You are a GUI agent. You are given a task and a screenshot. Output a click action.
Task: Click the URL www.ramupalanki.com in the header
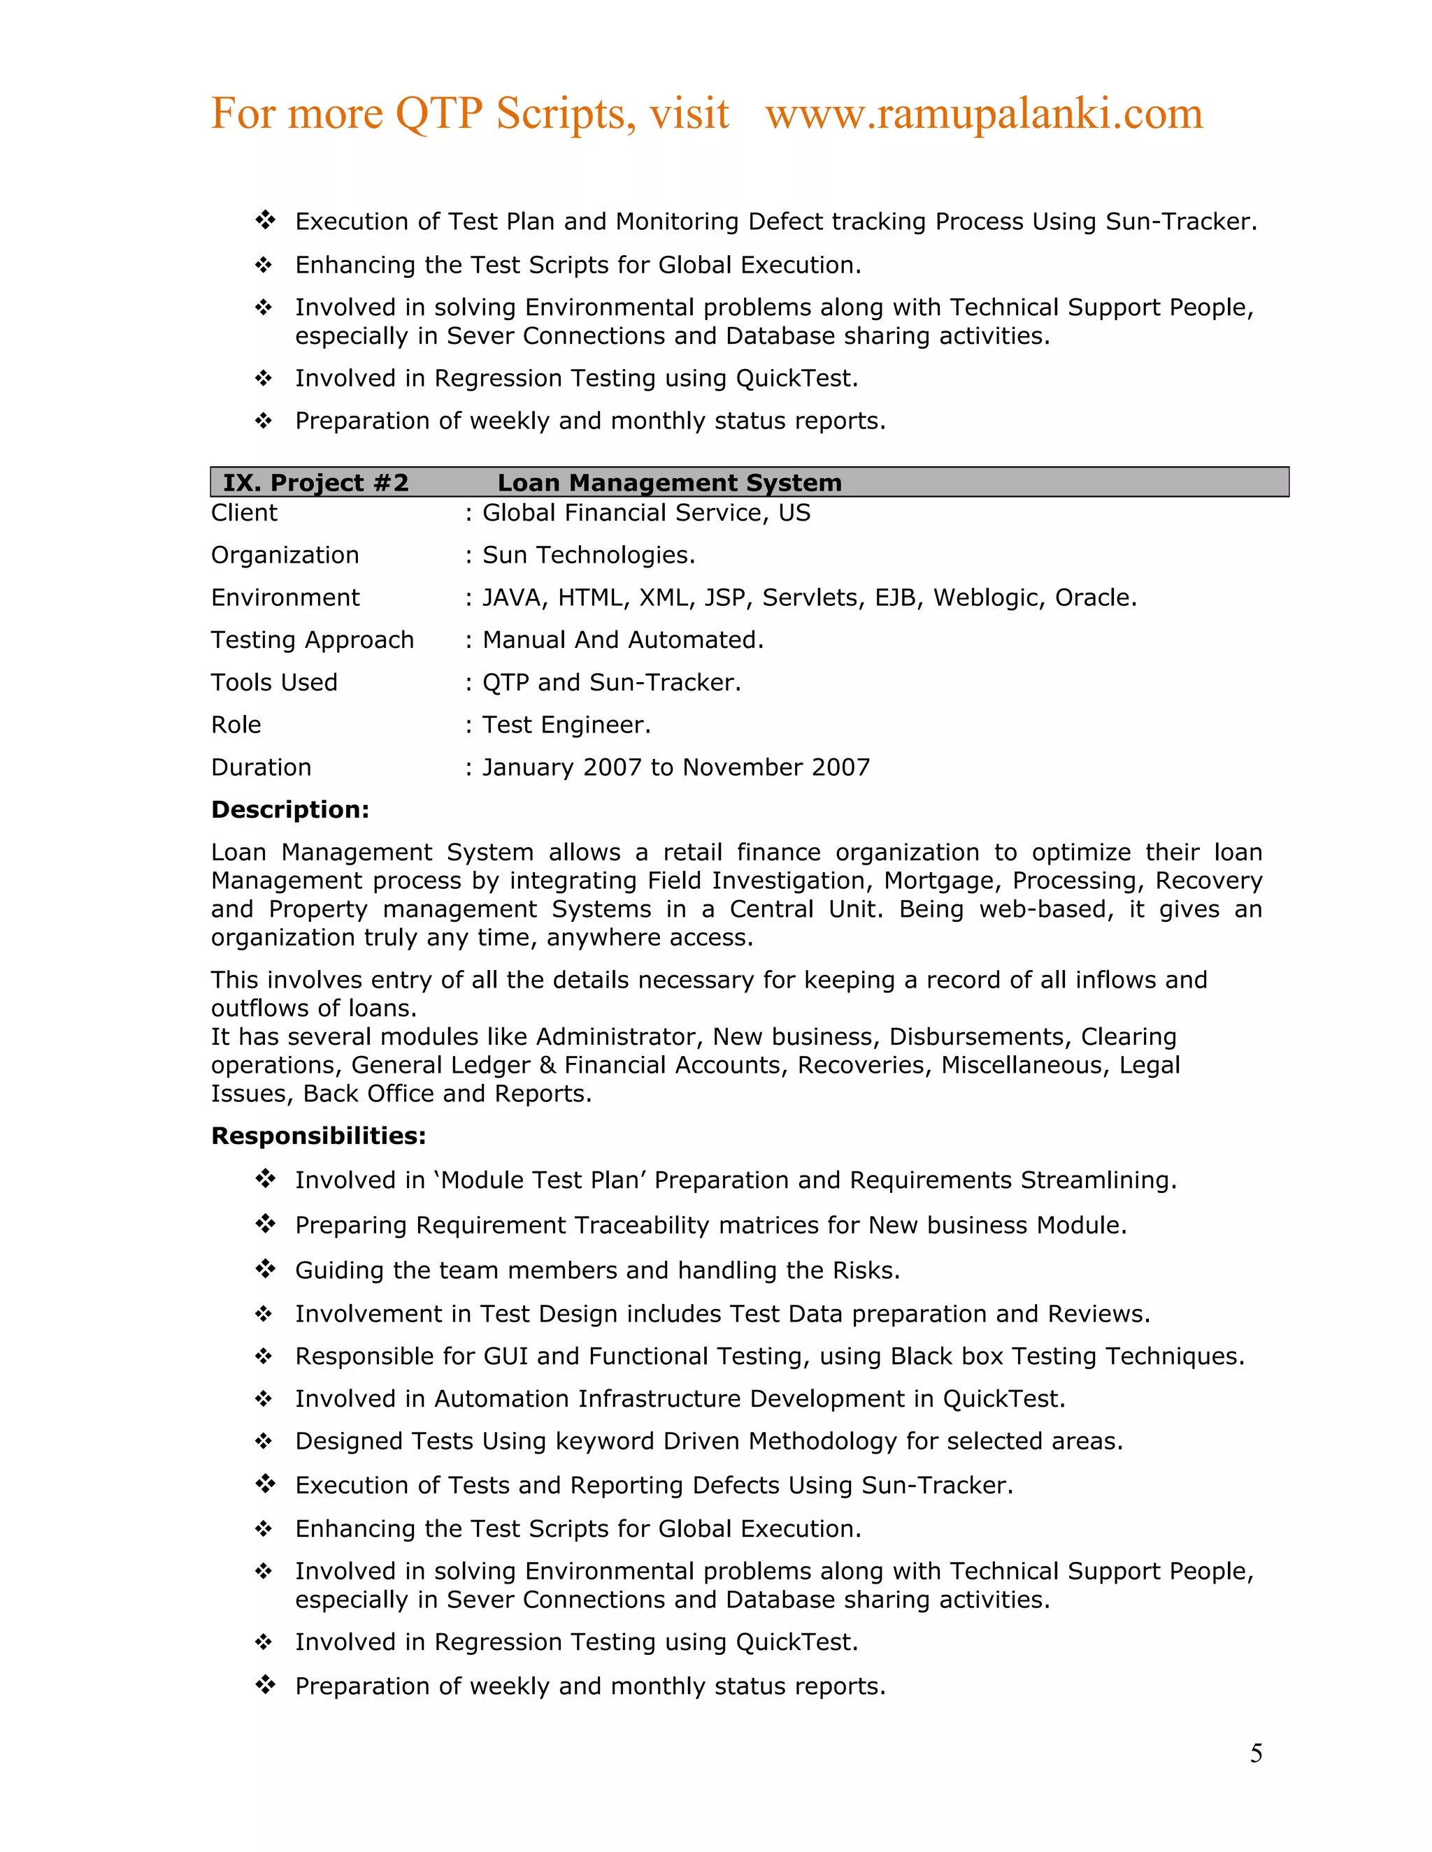click(x=983, y=114)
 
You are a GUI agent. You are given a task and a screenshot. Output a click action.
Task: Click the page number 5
click(x=1256, y=1753)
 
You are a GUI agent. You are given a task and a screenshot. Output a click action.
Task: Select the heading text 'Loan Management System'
click(x=669, y=482)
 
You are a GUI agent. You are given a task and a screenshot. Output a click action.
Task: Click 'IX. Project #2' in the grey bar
click(x=315, y=482)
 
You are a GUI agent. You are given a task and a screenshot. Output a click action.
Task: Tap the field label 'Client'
click(x=244, y=513)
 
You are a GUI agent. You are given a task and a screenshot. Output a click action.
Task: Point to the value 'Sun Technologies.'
click(x=589, y=556)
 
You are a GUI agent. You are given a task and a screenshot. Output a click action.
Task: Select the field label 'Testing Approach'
click(x=312, y=640)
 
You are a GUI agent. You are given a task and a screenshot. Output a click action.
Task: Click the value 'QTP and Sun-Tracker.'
click(x=612, y=683)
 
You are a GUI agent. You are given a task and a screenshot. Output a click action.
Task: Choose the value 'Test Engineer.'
click(x=566, y=725)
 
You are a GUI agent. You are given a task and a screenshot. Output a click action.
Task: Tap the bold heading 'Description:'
click(x=290, y=810)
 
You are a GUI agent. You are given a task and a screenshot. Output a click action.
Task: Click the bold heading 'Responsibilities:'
click(x=318, y=1136)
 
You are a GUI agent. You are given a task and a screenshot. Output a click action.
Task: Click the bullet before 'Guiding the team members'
click(x=266, y=1269)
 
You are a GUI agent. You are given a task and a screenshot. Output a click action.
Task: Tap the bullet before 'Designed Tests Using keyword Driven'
click(x=264, y=1441)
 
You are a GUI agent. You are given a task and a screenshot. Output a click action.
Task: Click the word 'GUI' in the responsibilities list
click(x=506, y=1356)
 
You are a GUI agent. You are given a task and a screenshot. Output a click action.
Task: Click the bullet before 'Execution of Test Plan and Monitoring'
click(x=266, y=220)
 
